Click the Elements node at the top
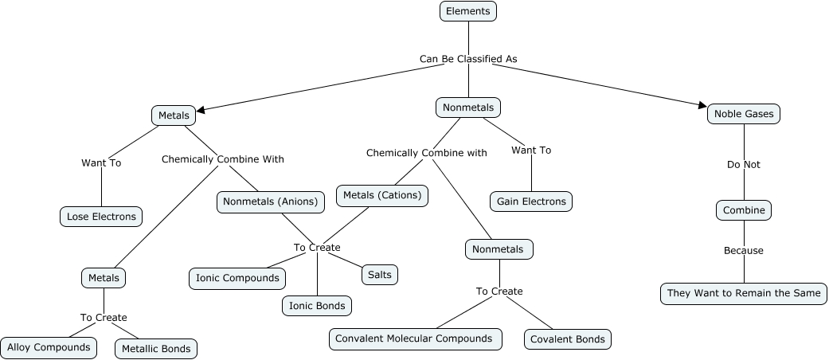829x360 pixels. pyautogui.click(x=468, y=11)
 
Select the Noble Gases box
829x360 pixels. pyautogui.click(x=744, y=114)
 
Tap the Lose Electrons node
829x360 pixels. pyautogui.click(x=101, y=216)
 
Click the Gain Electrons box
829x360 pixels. pyautogui.click(x=531, y=202)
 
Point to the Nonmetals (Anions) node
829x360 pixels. pyautogui.click(x=271, y=202)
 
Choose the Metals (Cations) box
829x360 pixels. pyautogui.click(x=382, y=195)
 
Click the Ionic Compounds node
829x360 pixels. pyautogui.click(x=237, y=278)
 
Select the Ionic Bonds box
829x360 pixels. pyautogui.click(x=316, y=305)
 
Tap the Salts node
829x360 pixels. pyautogui.click(x=380, y=275)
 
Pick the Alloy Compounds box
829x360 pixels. pyautogui.click(x=49, y=347)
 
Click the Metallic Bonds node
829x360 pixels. pyautogui.click(x=155, y=349)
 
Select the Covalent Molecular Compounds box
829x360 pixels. pyautogui.click(x=415, y=338)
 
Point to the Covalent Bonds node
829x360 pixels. pyautogui.click(x=568, y=339)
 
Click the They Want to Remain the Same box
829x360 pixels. pyautogui.click(x=744, y=293)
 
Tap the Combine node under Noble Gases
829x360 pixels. pyautogui.click(x=744, y=210)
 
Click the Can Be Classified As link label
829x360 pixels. pyautogui.click(x=468, y=59)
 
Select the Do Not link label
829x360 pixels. pyautogui.click(x=744, y=165)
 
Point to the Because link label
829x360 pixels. pyautogui.click(x=744, y=251)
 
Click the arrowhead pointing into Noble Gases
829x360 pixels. pyautogui.click(x=702, y=104)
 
